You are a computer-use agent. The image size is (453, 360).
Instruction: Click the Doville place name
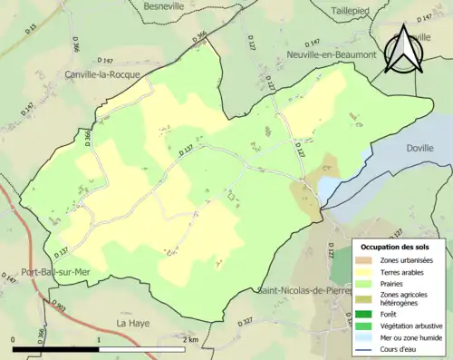[x=419, y=146]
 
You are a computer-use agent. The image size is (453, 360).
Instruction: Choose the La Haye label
[x=132, y=322]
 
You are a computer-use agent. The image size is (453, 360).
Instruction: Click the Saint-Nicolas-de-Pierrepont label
[x=304, y=291]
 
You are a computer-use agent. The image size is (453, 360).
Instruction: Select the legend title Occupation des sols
[x=399, y=247]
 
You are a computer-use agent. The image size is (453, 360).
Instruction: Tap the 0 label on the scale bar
[x=14, y=339]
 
